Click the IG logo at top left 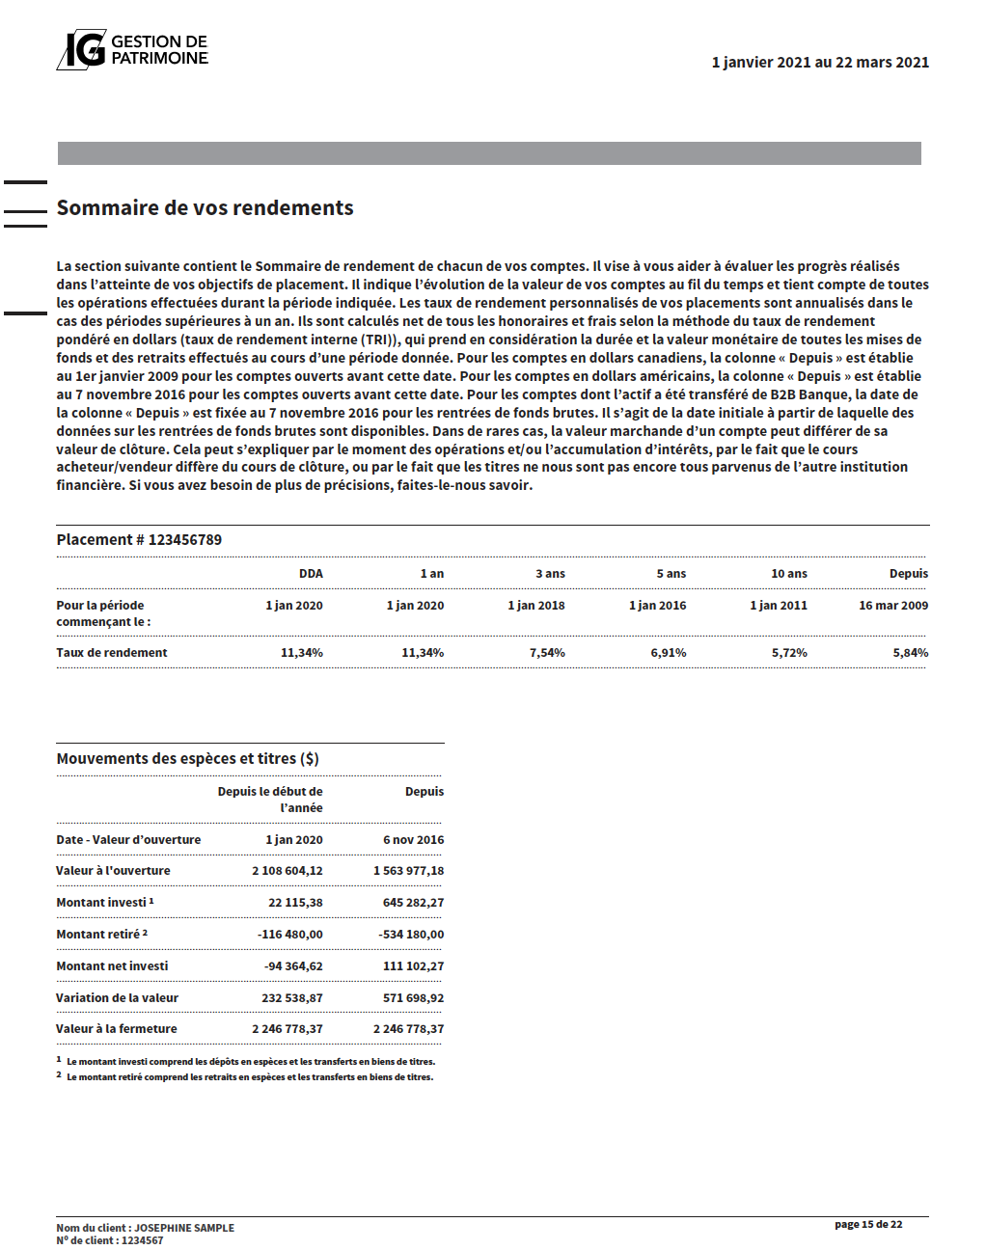pos(82,49)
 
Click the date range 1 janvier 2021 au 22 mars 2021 pos(820,63)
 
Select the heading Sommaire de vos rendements pos(205,208)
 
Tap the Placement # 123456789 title pos(139,540)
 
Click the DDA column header pos(311,574)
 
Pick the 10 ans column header pos(788,574)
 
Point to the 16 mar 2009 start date pos(893,606)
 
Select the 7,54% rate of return pos(547,653)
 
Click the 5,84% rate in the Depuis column pos(910,653)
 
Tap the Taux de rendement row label pos(112,653)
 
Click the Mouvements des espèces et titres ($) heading pos(187,759)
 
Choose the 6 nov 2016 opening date pos(413,840)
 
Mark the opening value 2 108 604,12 pos(288,871)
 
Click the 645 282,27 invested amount pos(413,903)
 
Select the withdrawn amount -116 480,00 pos(289,935)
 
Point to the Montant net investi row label pos(112,966)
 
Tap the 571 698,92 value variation pos(413,998)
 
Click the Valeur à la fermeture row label pos(117,1029)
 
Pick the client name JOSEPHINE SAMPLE pos(184,1228)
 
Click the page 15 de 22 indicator pos(868,1225)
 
